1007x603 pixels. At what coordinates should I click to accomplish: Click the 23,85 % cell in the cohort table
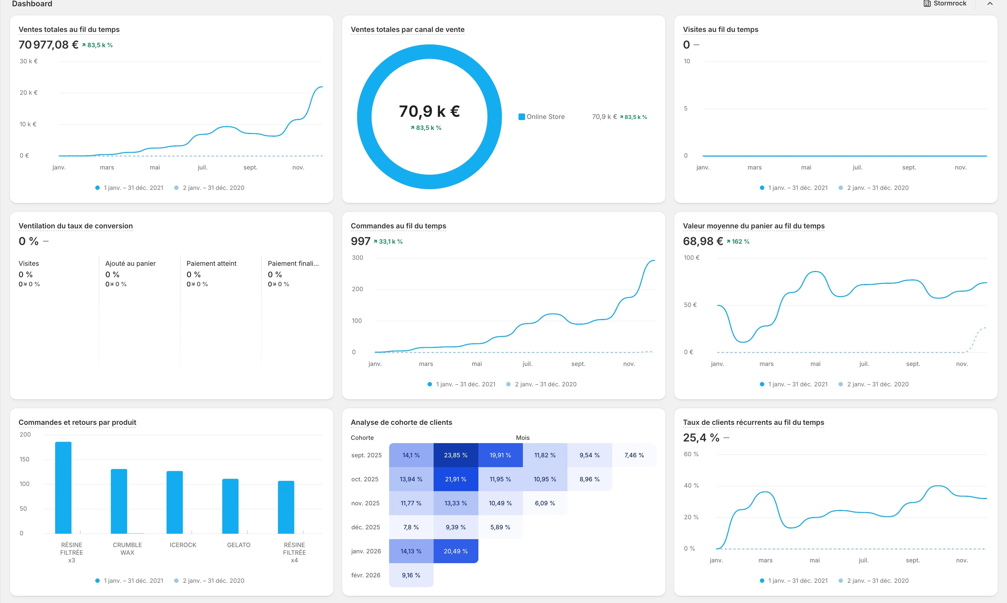pyautogui.click(x=456, y=455)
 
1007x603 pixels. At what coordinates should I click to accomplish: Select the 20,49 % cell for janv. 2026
pyautogui.click(x=456, y=551)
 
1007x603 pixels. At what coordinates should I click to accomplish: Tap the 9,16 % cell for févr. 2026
pyautogui.click(x=411, y=575)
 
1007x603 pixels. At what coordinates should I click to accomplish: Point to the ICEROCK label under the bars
pyautogui.click(x=183, y=545)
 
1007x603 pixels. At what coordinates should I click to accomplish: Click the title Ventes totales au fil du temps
pyautogui.click(x=69, y=29)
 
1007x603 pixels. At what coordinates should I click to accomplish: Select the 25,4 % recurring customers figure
pyautogui.click(x=701, y=438)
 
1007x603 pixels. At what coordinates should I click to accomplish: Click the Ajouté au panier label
pyautogui.click(x=131, y=263)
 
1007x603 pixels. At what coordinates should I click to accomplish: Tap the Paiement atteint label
pyautogui.click(x=211, y=263)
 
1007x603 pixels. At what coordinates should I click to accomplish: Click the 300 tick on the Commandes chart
pyautogui.click(x=357, y=258)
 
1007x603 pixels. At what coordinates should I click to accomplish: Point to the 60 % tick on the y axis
pyautogui.click(x=691, y=454)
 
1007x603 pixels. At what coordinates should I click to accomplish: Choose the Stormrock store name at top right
pyautogui.click(x=950, y=3)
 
